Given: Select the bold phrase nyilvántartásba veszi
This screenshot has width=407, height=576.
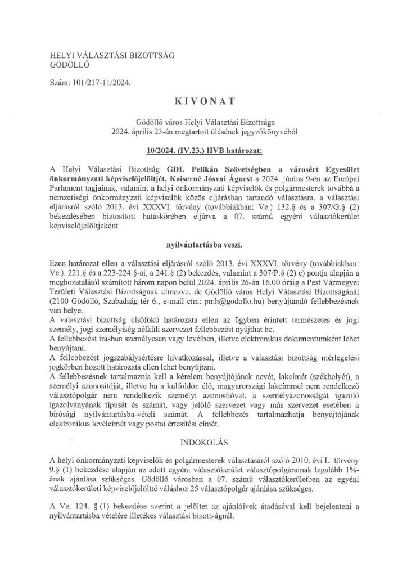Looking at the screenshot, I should click(x=203, y=245).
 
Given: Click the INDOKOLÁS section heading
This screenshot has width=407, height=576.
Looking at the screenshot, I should click(x=203, y=435).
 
